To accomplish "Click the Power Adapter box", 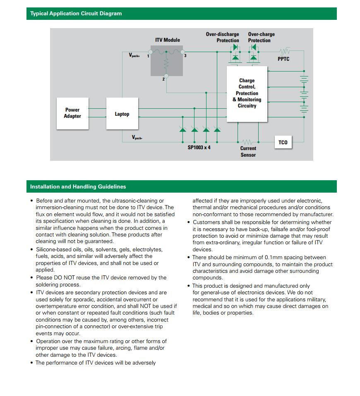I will [72, 113].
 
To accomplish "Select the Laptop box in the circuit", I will [122, 114].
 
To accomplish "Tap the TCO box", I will [283, 143].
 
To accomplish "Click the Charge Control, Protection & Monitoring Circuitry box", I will [247, 93].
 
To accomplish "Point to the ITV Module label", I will [168, 40].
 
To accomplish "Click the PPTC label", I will [283, 59].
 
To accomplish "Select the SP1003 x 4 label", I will [199, 148].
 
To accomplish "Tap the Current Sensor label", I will [248, 151].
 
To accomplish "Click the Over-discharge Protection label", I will [223, 37].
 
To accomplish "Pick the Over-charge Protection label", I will [261, 37].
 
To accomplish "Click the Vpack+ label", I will [134, 55].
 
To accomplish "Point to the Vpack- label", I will [137, 137].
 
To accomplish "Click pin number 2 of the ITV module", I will [163, 79].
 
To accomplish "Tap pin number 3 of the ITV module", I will [185, 56].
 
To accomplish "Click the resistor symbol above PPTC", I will [284, 52].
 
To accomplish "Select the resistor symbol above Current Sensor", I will [248, 142].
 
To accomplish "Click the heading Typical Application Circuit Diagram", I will [76, 14].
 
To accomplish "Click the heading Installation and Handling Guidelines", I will [78, 187].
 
